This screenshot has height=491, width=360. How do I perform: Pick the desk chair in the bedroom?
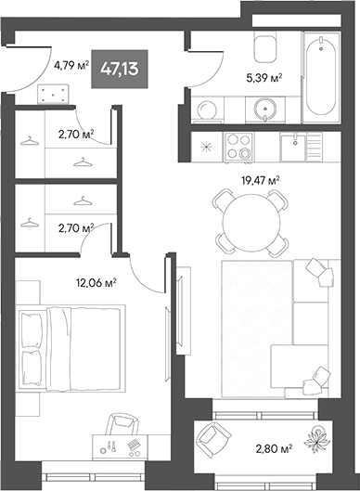(x=121, y=428)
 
